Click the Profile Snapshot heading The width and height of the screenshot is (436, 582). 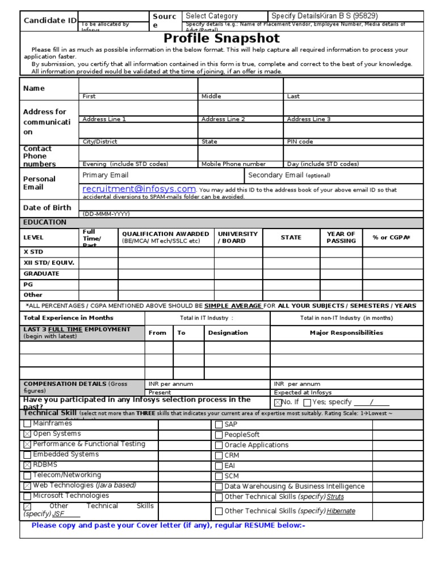pos(221,39)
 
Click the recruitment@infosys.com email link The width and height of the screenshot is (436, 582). pos(139,189)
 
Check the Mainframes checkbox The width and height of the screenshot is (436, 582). pos(27,423)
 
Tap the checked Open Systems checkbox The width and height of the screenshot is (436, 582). pos(27,434)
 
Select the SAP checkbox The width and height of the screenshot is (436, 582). pos(219,425)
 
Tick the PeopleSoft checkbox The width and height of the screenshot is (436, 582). pos(219,435)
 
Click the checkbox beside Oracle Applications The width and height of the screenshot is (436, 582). pos(219,445)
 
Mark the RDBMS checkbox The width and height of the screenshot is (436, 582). pos(27,465)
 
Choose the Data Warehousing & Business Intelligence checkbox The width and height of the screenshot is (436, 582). pos(219,487)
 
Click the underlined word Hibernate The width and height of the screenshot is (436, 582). pos(341,511)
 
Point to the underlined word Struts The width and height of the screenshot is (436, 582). pos(335,497)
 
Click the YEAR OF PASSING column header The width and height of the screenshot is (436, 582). pos(341,237)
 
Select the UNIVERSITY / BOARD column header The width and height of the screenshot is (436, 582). pos(238,237)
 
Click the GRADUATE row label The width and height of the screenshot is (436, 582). pos(41,273)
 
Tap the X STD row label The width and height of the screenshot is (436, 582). pos(33,252)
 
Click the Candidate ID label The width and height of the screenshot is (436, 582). pos(49,21)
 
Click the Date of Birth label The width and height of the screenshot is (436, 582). pos(47,207)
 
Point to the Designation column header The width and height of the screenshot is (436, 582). pos(228,332)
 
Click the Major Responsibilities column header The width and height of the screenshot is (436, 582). pos(346,332)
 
